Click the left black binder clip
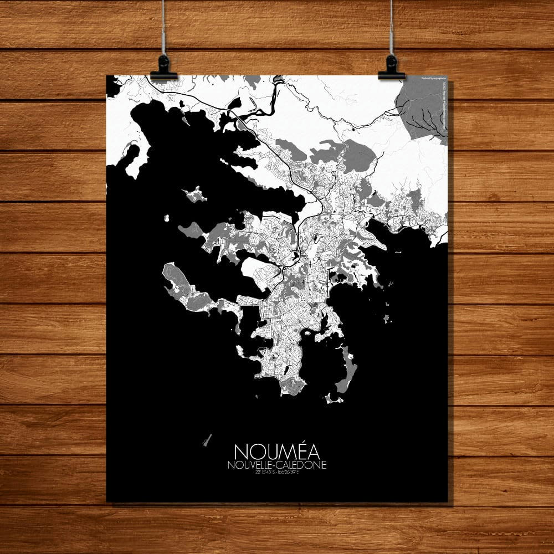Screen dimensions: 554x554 click(x=163, y=69)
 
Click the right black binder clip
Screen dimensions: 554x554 click(x=391, y=69)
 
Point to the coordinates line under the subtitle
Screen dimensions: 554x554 click(x=276, y=473)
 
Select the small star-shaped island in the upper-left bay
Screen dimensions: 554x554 click(x=195, y=194)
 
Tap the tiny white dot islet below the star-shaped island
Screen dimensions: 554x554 click(x=166, y=218)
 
